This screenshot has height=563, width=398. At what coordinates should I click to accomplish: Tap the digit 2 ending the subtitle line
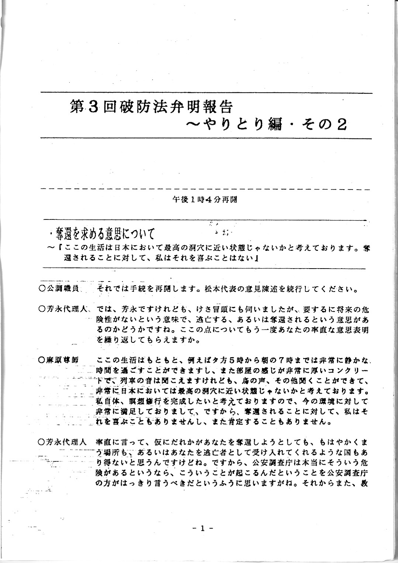click(341, 125)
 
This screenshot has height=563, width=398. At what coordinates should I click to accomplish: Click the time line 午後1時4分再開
click(204, 200)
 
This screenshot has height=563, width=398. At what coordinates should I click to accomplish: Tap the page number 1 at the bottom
click(202, 528)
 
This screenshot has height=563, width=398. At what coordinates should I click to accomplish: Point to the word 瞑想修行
click(139, 400)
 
